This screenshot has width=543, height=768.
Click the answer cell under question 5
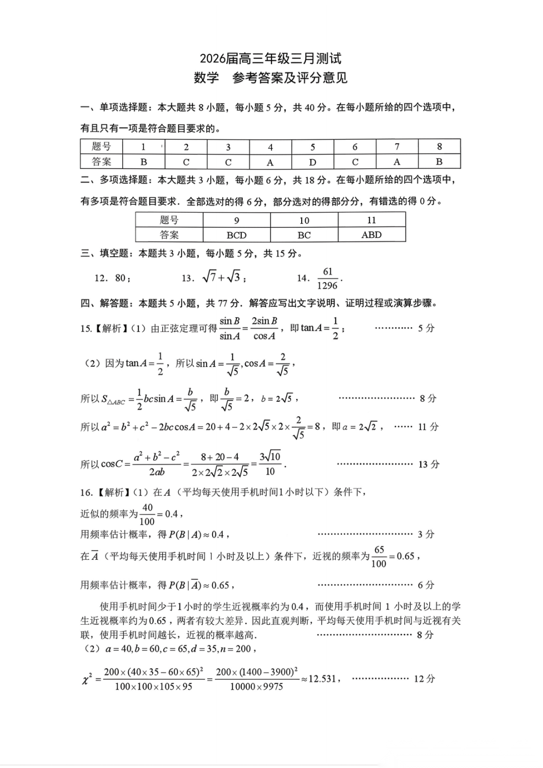coord(313,162)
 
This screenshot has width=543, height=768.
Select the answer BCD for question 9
coord(237,235)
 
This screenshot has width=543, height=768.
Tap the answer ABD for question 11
coord(372,235)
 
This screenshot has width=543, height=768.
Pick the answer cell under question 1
coord(144,162)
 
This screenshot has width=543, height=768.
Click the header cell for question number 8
coord(439,147)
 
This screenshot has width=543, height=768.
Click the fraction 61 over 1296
coord(327,278)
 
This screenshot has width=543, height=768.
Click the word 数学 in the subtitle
coord(207,78)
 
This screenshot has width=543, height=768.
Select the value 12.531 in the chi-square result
coord(322,678)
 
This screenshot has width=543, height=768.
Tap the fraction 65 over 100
coord(379,557)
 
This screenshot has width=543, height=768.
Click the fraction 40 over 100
coord(147,514)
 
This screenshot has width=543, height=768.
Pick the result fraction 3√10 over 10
coord(270,464)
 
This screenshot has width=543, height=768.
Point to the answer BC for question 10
coord(304,235)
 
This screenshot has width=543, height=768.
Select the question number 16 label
coord(86,492)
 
